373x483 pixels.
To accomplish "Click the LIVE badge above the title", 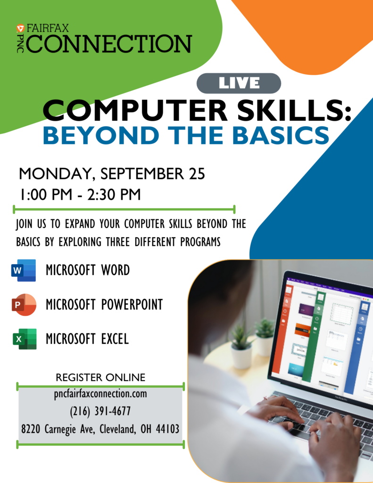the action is [x=239, y=83].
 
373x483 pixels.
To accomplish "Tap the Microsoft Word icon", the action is [x=24, y=270].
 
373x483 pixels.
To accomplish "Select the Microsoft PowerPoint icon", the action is [x=24, y=305].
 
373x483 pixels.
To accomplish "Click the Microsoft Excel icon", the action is [x=25, y=339].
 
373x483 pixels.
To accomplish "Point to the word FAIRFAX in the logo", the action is [x=48, y=28].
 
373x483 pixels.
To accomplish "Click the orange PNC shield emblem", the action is [x=20, y=28].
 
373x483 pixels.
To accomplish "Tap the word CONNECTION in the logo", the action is [x=109, y=44].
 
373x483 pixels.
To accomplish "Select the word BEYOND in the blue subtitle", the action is [x=101, y=135].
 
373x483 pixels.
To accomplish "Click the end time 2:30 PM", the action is [x=114, y=195].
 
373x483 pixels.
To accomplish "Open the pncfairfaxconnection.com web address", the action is [x=100, y=394].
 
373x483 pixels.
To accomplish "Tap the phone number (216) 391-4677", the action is [x=100, y=411].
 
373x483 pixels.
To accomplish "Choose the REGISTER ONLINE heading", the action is [x=100, y=377].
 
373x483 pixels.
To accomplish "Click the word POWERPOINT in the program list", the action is [x=132, y=305].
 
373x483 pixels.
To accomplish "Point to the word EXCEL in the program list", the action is [x=115, y=339].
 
